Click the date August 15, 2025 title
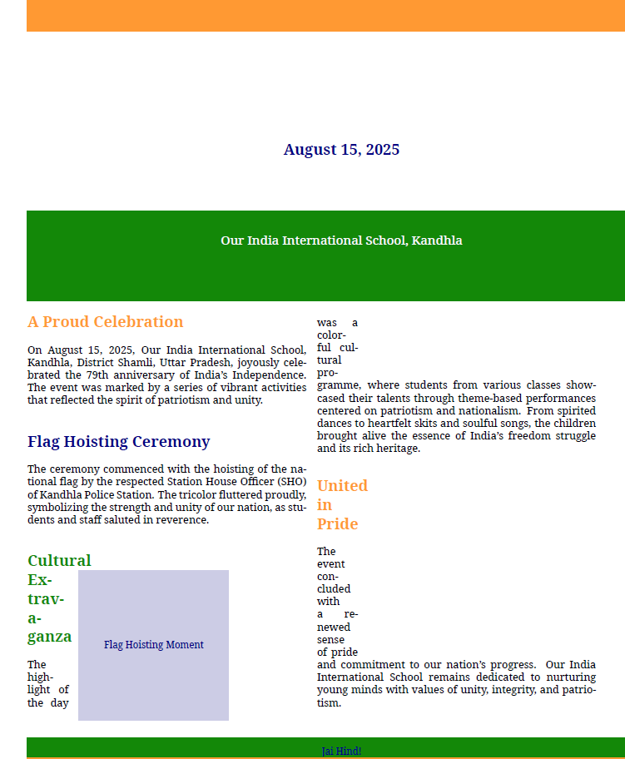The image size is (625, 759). tap(341, 150)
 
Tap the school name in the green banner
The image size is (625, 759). tap(341, 241)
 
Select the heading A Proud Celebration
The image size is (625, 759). tap(105, 322)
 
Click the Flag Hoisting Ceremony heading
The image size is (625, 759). tap(118, 442)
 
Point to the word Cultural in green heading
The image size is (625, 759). tap(59, 561)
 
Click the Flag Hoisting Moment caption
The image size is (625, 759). tap(153, 645)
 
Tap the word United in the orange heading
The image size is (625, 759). tap(342, 486)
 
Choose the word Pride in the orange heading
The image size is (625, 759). tap(337, 524)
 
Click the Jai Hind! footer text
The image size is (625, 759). tap(341, 751)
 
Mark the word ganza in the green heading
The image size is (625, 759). tap(49, 637)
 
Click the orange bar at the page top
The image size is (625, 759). tap(325, 15)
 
